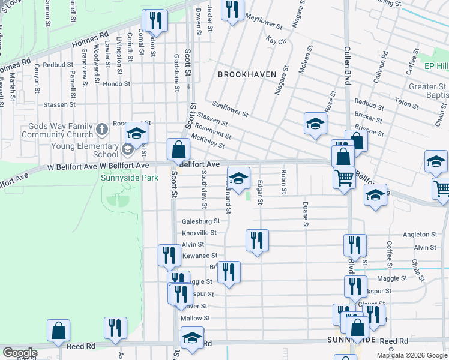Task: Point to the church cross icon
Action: [x=103, y=128]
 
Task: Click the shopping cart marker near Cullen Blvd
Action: [x=343, y=177]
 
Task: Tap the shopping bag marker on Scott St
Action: [x=179, y=149]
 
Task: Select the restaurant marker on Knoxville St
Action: [x=257, y=240]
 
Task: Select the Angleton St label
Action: [x=420, y=234]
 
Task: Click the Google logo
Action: [x=20, y=353]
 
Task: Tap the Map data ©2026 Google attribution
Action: [x=411, y=355]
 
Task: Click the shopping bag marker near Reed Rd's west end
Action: [x=59, y=331]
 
